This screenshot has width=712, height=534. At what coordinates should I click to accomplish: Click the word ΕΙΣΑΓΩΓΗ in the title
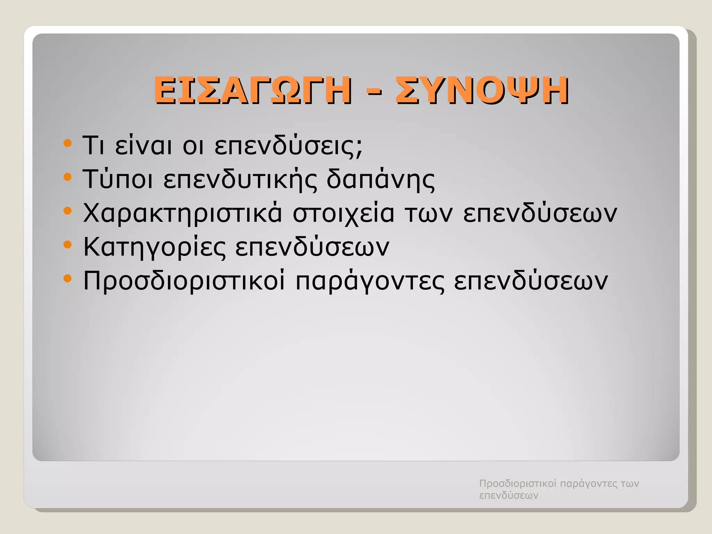(252, 91)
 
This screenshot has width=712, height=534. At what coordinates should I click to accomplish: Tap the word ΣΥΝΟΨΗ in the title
(482, 91)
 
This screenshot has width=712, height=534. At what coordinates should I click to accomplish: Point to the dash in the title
(373, 92)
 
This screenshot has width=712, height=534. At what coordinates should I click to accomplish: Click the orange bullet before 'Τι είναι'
(68, 143)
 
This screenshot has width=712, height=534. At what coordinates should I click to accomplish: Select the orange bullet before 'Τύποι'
(68, 177)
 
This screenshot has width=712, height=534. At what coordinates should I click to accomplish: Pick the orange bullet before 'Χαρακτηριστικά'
(68, 211)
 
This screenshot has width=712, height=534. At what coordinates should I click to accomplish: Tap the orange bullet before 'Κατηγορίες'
(68, 245)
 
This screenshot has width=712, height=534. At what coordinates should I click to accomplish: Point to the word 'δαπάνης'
(380, 180)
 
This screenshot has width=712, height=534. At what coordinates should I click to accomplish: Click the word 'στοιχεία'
(343, 213)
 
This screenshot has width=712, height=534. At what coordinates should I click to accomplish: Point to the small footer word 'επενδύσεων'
(509, 495)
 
